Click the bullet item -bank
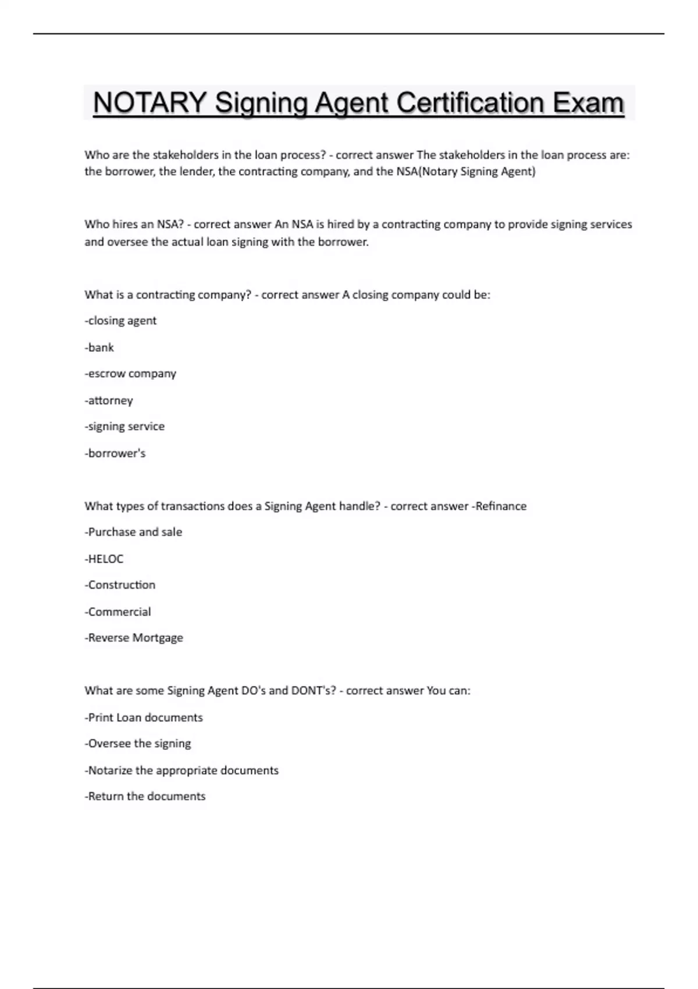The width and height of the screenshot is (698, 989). pyautogui.click(x=99, y=347)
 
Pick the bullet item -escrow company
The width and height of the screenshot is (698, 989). pyautogui.click(x=130, y=373)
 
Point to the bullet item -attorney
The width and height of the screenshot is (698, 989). pyautogui.click(x=109, y=400)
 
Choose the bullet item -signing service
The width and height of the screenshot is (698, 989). pyautogui.click(x=124, y=426)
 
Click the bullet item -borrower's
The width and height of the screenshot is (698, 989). pyautogui.click(x=115, y=453)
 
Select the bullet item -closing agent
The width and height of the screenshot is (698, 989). pyautogui.click(x=120, y=321)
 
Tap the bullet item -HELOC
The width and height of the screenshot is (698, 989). pyautogui.click(x=104, y=558)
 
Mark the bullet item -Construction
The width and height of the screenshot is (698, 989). pyautogui.click(x=120, y=585)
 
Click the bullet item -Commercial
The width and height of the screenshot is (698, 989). pyautogui.click(x=117, y=611)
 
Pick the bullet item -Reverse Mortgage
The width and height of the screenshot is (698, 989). pyautogui.click(x=134, y=638)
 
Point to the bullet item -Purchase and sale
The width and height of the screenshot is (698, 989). pyautogui.click(x=133, y=532)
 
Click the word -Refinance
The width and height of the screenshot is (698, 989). pyautogui.click(x=499, y=506)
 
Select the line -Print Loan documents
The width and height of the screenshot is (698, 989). pyautogui.click(x=144, y=717)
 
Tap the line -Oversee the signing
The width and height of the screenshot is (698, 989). pyautogui.click(x=138, y=743)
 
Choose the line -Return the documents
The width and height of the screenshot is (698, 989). pyautogui.click(x=145, y=796)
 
